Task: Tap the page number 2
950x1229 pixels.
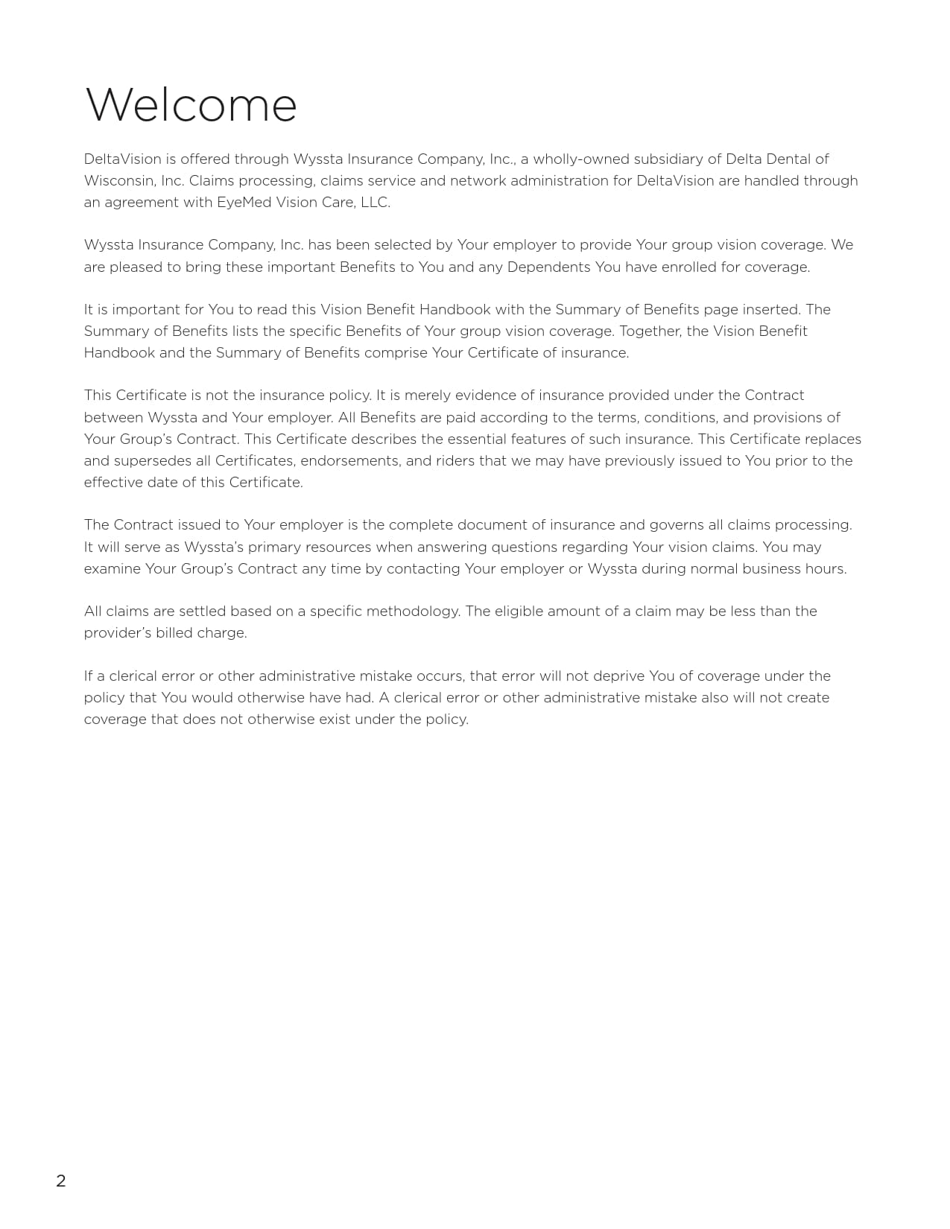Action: point(61,1181)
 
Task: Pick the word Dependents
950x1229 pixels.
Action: point(548,267)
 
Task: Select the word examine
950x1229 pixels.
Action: point(112,569)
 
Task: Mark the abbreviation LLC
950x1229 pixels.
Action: point(375,203)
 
